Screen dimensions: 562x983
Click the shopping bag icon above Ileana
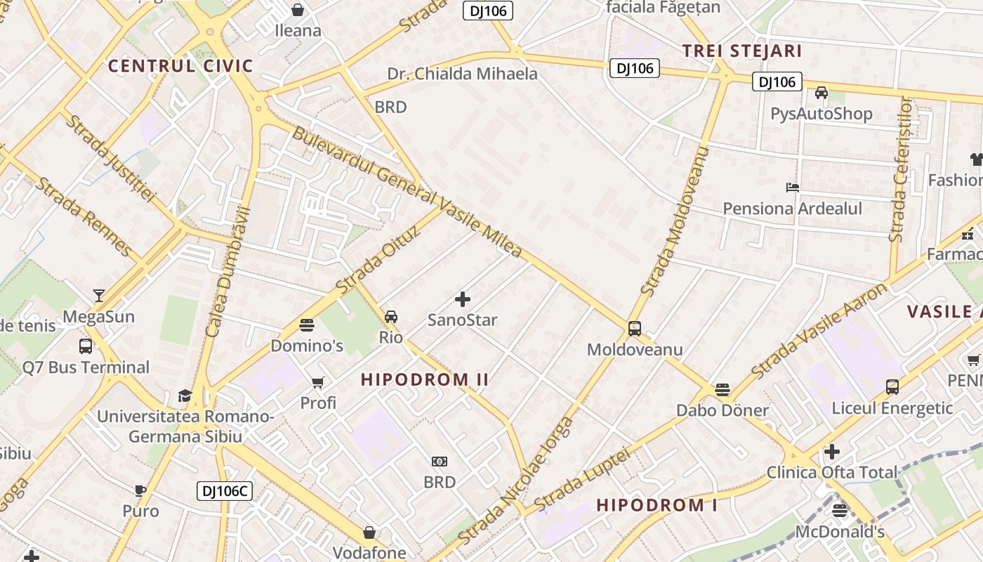[298, 10]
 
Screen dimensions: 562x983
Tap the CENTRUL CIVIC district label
[180, 67]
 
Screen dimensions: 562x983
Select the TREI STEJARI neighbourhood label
[742, 51]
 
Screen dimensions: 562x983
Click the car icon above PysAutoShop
[821, 93]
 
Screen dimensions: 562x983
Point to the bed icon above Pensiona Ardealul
[793, 188]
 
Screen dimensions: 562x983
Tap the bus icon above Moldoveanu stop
[635, 328]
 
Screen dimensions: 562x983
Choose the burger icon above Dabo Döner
[723, 389]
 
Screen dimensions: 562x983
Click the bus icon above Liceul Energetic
[892, 386]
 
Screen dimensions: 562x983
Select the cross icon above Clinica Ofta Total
[832, 451]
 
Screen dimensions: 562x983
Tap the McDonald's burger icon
[840, 510]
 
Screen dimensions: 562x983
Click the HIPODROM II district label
[425, 380]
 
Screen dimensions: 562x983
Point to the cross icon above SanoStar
[463, 300]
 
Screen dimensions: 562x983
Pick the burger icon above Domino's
[307, 325]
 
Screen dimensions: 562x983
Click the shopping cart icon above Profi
[318, 382]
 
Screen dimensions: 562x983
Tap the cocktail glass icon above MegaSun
[99, 296]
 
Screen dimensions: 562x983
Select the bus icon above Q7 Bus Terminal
[86, 346]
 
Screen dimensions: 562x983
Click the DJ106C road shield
[224, 491]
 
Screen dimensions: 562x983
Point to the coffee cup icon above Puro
[140, 490]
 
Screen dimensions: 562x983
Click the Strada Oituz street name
[377, 260]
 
